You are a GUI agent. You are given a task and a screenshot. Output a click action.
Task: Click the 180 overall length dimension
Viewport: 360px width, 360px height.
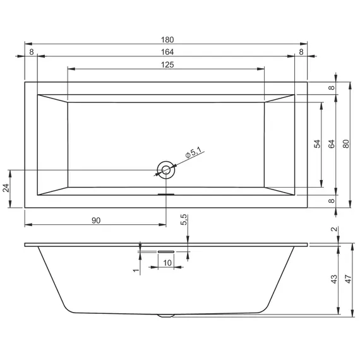pyautogui.click(x=167, y=39)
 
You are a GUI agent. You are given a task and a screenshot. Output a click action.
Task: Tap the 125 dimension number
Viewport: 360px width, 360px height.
pyautogui.click(x=167, y=65)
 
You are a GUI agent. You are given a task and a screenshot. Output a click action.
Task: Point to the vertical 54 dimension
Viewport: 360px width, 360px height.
pyautogui.click(x=317, y=144)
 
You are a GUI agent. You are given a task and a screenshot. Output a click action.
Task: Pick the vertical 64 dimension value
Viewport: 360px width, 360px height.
pyautogui.click(x=332, y=144)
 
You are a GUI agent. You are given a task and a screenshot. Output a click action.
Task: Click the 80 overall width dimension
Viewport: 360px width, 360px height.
pyautogui.click(x=345, y=144)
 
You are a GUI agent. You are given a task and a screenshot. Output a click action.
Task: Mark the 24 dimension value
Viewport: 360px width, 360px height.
pyautogui.click(x=7, y=188)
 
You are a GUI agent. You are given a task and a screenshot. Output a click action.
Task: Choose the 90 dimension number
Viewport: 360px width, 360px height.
pyautogui.click(x=96, y=220)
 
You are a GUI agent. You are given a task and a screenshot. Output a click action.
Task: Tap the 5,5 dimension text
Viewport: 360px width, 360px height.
pyautogui.click(x=184, y=220)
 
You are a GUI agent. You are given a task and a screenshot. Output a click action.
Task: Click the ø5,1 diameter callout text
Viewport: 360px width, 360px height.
pyautogui.click(x=193, y=152)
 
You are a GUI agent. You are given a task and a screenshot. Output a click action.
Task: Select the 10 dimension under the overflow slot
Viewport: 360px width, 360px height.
pyautogui.click(x=167, y=262)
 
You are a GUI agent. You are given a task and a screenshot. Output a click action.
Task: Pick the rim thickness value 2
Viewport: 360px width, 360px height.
pyautogui.click(x=334, y=231)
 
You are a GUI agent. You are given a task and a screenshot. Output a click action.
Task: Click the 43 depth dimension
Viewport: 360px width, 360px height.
pyautogui.click(x=334, y=278)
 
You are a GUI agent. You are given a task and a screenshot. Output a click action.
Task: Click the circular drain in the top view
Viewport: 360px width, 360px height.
pyautogui.click(x=165, y=169)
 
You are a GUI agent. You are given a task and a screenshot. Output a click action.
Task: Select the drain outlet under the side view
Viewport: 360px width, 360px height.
pyautogui.click(x=165, y=315)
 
